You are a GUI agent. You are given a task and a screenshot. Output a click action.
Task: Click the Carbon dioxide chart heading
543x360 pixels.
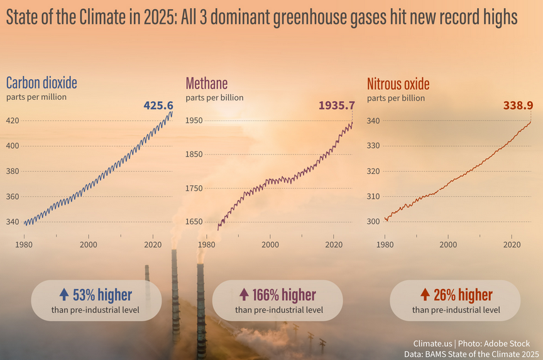41,83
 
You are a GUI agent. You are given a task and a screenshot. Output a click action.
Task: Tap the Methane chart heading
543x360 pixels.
207,84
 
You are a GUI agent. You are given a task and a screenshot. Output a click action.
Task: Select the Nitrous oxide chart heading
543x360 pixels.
398,84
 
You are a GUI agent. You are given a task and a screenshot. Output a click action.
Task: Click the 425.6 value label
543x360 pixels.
158,105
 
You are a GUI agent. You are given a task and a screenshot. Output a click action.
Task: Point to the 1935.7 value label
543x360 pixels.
337,105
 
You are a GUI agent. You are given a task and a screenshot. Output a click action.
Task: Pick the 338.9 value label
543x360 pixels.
518,105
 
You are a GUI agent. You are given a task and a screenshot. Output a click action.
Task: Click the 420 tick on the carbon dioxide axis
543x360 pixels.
13,121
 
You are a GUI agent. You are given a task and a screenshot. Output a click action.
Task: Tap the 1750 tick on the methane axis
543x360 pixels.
194,188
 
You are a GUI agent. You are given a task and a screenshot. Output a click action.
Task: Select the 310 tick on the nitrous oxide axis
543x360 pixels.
373,196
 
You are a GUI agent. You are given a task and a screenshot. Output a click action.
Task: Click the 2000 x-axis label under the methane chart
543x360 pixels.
270,245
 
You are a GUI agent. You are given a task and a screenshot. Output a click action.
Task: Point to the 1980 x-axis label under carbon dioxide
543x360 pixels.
24,245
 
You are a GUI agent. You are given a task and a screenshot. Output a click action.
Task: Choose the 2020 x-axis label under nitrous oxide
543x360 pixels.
512,245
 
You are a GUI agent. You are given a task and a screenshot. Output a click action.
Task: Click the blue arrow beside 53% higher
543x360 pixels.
64,294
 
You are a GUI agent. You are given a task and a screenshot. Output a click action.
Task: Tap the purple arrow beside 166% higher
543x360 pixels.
244,294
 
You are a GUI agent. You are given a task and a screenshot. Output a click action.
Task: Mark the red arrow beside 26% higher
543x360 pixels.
425,294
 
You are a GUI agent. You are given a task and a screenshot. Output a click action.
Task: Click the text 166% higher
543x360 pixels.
284,295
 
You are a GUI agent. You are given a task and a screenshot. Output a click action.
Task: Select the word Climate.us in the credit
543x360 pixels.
432,344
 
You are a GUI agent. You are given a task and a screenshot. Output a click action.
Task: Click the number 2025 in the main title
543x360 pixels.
160,17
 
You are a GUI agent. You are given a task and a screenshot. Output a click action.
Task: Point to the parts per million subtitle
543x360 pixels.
36,97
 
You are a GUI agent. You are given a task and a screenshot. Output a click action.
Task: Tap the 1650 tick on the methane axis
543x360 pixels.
194,222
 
